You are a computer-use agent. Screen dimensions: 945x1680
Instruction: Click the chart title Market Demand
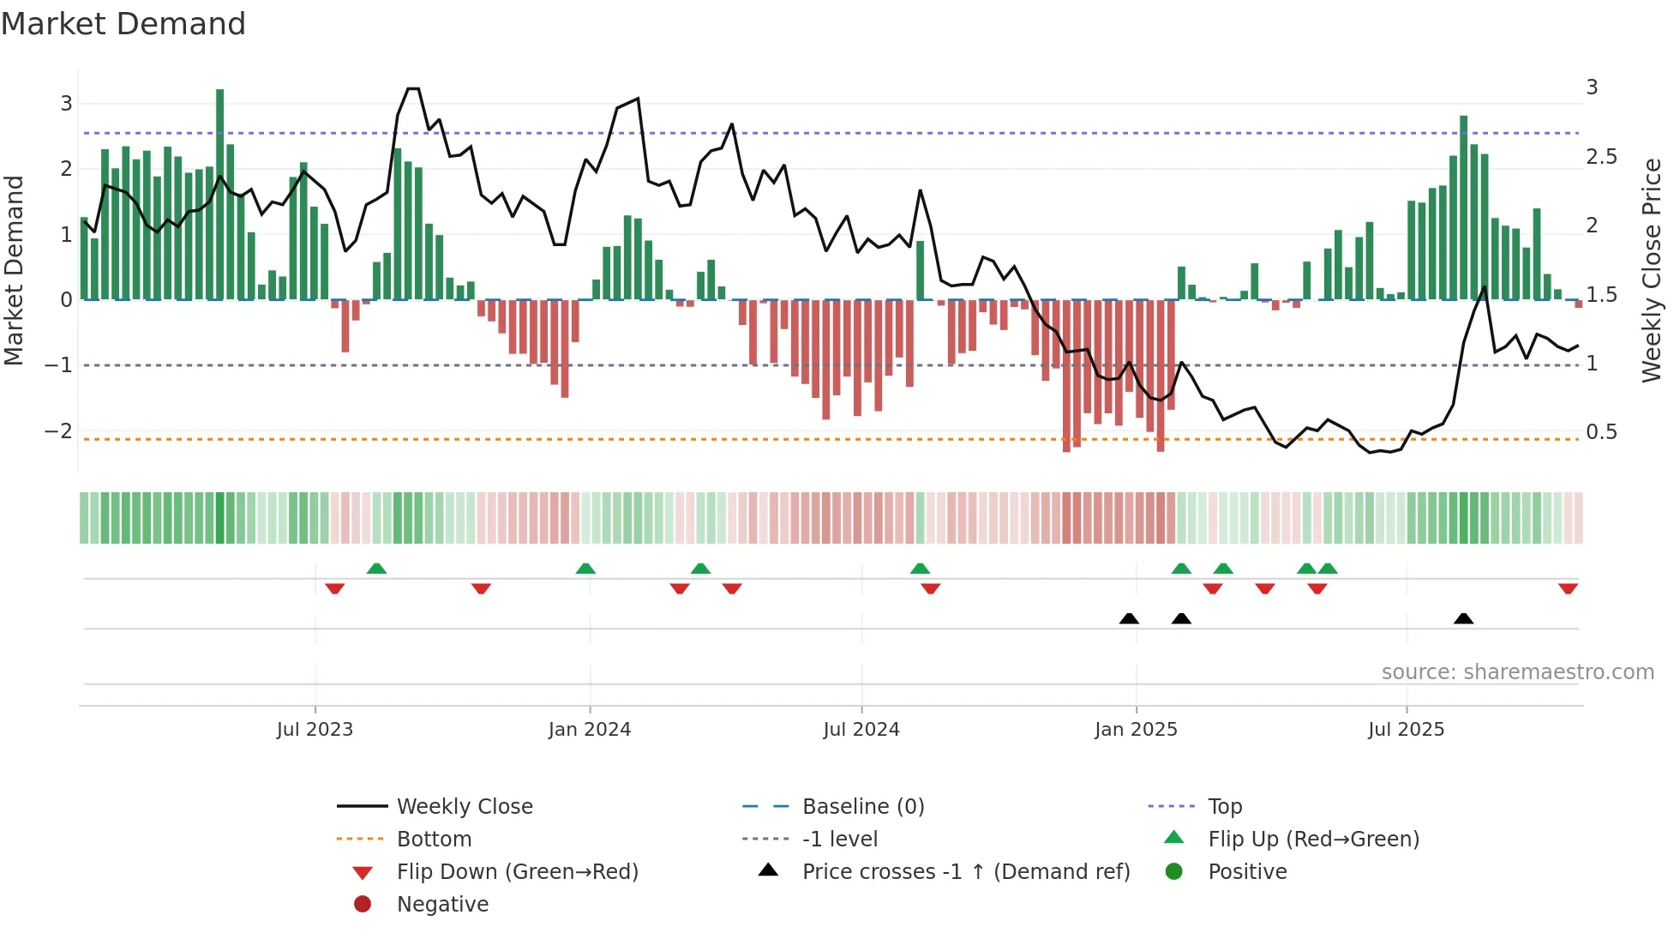pyautogui.click(x=123, y=24)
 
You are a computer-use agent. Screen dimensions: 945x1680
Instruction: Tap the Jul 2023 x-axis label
pyautogui.click(x=315, y=730)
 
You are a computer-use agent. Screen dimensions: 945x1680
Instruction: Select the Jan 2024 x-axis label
pyautogui.click(x=590, y=730)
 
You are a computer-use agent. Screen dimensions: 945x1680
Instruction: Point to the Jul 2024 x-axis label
pyautogui.click(x=861, y=730)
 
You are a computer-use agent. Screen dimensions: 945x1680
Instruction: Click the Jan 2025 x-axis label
pyautogui.click(x=1136, y=730)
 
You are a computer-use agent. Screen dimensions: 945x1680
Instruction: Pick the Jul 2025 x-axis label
pyautogui.click(x=1407, y=730)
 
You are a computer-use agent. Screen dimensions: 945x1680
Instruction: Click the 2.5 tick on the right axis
pyautogui.click(x=1601, y=157)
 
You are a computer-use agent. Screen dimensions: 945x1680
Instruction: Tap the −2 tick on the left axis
pyautogui.click(x=58, y=430)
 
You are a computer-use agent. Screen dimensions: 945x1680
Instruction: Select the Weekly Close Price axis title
pyautogui.click(x=1652, y=270)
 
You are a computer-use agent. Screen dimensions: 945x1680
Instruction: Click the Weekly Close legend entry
pyautogui.click(x=464, y=807)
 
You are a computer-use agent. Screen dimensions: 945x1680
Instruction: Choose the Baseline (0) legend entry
pyautogui.click(x=862, y=807)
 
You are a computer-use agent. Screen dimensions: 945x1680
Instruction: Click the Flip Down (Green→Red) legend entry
pyautogui.click(x=517, y=872)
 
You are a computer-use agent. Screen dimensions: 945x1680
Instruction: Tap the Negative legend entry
pyautogui.click(x=442, y=905)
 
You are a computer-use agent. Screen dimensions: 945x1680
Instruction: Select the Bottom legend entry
pyautogui.click(x=434, y=840)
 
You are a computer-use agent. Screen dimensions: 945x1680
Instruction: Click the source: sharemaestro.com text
pyautogui.click(x=1517, y=672)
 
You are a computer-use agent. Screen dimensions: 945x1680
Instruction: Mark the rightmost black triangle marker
pyautogui.click(x=1464, y=619)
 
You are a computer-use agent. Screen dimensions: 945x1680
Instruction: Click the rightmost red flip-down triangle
pyautogui.click(x=1568, y=588)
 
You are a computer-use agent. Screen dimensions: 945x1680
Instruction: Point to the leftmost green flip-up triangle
pyautogui.click(x=376, y=569)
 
